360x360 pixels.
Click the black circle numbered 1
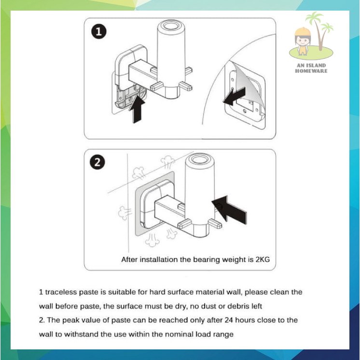99,31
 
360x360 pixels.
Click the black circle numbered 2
97,162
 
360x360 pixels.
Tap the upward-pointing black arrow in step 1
137,109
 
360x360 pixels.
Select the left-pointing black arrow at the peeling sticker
235,97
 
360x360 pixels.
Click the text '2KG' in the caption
263,260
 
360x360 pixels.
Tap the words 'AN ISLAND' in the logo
311,66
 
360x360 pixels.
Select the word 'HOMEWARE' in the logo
311,71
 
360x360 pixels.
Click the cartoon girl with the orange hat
303,42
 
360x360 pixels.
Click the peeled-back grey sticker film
246,85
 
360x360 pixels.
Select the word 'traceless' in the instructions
61,292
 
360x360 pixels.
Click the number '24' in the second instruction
229,320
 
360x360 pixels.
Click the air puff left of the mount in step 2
124,213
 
